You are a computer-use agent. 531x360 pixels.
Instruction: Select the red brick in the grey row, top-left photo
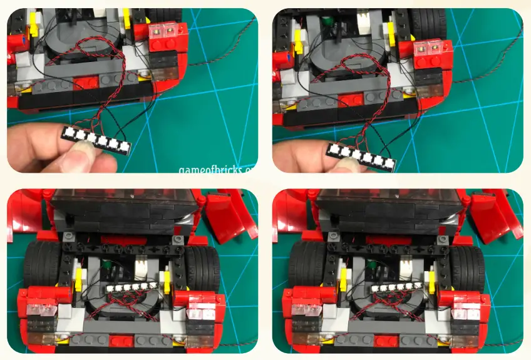pos(85,84)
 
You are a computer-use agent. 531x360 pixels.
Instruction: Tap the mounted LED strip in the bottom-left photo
pos(131,287)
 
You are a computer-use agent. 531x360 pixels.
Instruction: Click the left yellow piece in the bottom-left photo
pos(79,279)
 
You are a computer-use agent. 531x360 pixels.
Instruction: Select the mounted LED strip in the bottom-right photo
pos(396,288)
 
